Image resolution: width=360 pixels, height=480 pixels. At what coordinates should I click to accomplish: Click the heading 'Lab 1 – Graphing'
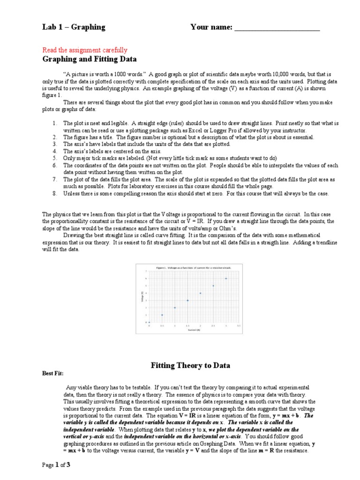click(x=74, y=27)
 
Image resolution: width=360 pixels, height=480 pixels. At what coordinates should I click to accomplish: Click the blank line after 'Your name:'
click(x=277, y=29)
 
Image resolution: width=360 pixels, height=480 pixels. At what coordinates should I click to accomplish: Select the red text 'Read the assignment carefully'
click(x=85, y=50)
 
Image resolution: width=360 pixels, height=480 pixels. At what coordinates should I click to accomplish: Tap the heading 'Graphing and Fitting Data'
click(x=90, y=59)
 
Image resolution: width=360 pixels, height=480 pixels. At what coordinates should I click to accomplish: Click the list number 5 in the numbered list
click(x=54, y=158)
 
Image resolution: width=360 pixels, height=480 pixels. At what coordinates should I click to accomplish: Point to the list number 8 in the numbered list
click(x=54, y=194)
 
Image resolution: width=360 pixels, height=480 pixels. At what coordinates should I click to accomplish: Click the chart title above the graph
click(x=194, y=267)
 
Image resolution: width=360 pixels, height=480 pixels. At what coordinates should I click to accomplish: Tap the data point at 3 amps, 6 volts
click(x=226, y=278)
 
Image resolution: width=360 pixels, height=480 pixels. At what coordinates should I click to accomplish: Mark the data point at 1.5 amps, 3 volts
click(x=187, y=300)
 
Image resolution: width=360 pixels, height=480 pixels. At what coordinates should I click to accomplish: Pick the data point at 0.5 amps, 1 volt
click(x=162, y=315)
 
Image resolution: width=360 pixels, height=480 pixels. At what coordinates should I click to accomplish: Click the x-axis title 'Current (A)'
click(x=194, y=330)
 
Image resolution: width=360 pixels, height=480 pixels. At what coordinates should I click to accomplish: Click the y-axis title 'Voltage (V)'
click(x=142, y=297)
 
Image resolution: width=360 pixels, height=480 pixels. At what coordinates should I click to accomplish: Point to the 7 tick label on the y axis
click(x=146, y=271)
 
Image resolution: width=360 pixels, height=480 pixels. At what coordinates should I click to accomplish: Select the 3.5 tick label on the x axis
click(x=239, y=325)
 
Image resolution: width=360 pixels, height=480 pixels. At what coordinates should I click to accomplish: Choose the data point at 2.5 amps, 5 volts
click(x=213, y=286)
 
